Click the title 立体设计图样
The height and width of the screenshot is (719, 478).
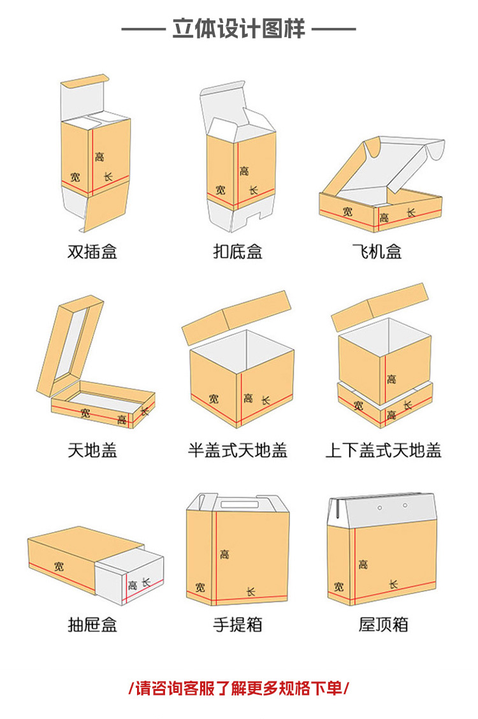pyautogui.click(x=238, y=29)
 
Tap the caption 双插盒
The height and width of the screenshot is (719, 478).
pyautogui.click(x=92, y=251)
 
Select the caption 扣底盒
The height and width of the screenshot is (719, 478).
pyautogui.click(x=238, y=251)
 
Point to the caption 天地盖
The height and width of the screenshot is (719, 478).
pyautogui.click(x=92, y=451)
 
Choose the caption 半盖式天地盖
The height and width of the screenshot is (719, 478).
pyautogui.click(x=238, y=451)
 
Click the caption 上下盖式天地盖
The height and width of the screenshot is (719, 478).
pyautogui.click(x=383, y=451)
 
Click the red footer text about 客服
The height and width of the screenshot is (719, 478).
pyautogui.click(x=238, y=688)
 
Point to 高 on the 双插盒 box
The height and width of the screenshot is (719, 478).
pyautogui.click(x=99, y=156)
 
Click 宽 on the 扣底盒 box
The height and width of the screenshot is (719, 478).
pyautogui.click(x=221, y=190)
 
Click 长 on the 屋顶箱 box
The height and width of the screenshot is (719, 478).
pyautogui.click(x=393, y=584)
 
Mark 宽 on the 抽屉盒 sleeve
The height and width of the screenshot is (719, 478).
pyautogui.click(x=59, y=565)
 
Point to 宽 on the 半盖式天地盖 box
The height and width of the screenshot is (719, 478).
pyautogui.click(x=214, y=399)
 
